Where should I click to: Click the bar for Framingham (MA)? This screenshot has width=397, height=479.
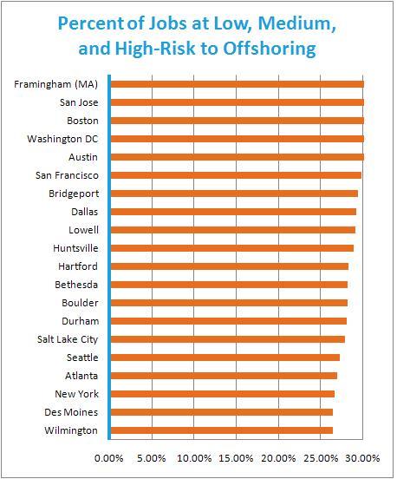pyautogui.click(x=238, y=84)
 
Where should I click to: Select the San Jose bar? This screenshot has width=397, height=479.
pyautogui.click(x=238, y=102)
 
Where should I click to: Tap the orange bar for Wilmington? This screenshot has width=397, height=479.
pyautogui.click(x=222, y=430)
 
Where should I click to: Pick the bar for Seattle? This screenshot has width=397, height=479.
pyautogui.click(x=225, y=358)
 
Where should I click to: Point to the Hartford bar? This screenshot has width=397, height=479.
pyautogui.click(x=230, y=266)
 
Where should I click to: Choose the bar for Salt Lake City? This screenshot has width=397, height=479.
pyautogui.click(x=228, y=339)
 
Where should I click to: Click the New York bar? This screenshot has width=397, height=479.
pyautogui.click(x=223, y=394)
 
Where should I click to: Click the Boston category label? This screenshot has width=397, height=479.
pyautogui.click(x=82, y=121)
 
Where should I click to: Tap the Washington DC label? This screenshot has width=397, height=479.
pyautogui.click(x=62, y=139)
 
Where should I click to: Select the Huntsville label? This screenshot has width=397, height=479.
pyautogui.click(x=75, y=248)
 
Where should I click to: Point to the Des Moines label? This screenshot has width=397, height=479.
pyautogui.click(x=71, y=412)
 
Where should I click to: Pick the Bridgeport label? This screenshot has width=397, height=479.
pyautogui.click(x=74, y=194)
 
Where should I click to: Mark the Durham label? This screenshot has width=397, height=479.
pyautogui.click(x=81, y=321)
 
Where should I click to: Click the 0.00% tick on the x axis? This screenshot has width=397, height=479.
pyautogui.click(x=109, y=458)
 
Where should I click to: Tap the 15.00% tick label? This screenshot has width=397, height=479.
pyautogui.click(x=236, y=458)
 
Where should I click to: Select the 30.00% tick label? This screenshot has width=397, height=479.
pyautogui.click(x=363, y=458)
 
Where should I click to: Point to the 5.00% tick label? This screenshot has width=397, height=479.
pyautogui.click(x=152, y=458)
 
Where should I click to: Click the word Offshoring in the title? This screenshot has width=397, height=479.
pyautogui.click(x=270, y=49)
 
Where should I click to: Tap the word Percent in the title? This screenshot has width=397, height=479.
pyautogui.click(x=91, y=23)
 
